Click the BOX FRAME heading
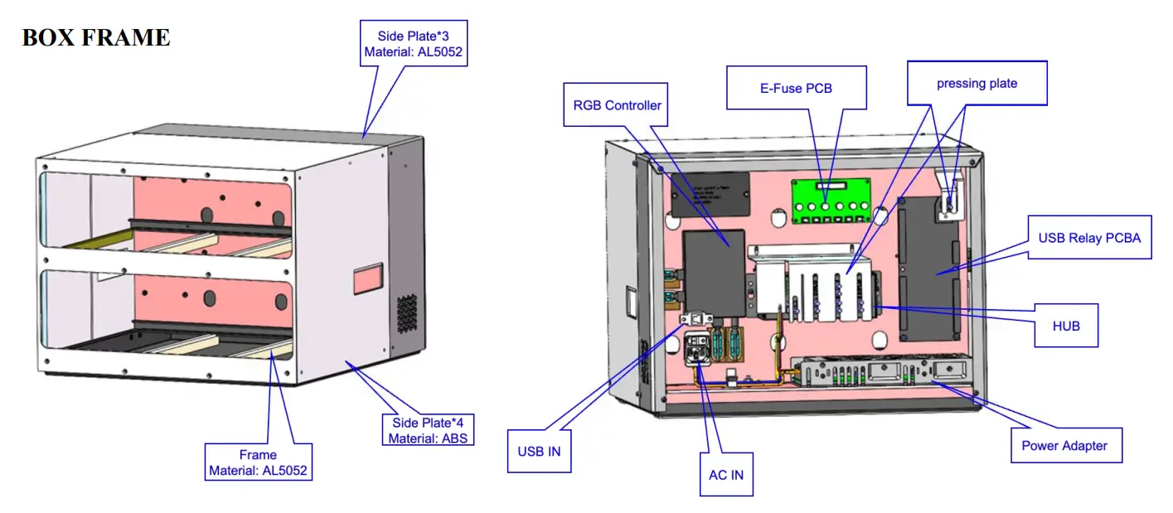click(x=95, y=37)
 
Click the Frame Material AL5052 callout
click(x=258, y=463)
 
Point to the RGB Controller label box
click(x=617, y=104)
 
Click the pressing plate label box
click(x=977, y=83)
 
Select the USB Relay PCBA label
click(x=1089, y=238)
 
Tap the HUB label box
click(x=1066, y=326)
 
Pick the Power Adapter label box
click(x=1064, y=445)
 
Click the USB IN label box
click(x=538, y=451)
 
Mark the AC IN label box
click(x=725, y=475)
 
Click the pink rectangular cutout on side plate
click(x=368, y=280)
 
